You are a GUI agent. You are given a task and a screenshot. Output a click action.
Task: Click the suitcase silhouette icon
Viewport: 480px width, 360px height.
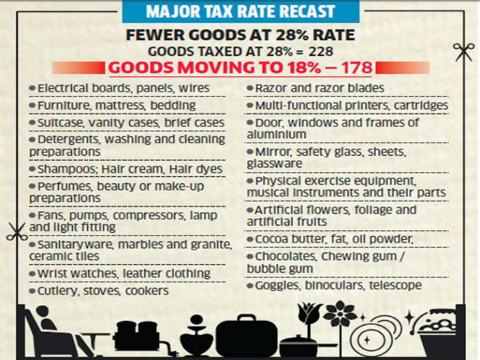244,331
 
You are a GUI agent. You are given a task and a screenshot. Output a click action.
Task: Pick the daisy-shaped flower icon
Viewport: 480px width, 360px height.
346,314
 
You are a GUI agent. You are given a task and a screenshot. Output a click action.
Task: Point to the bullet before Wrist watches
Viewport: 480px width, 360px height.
31,274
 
